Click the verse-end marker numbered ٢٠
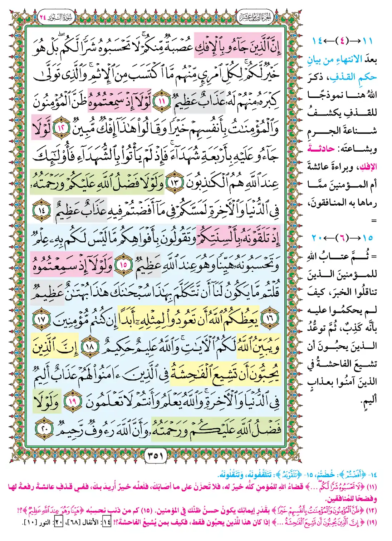point(45,428)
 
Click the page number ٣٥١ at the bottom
point(155,456)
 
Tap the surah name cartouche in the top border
point(55,17)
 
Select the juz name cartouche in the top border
point(255,17)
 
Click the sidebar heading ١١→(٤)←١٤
point(342,41)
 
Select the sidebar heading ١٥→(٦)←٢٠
point(342,238)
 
